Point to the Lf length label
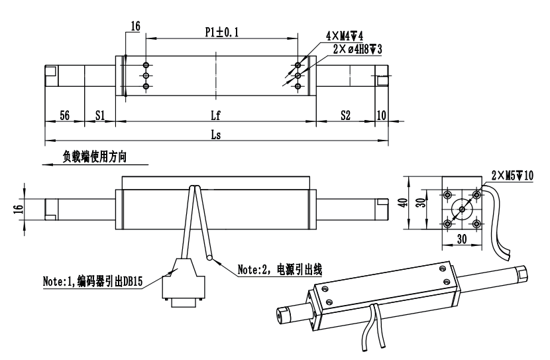[x=215, y=115]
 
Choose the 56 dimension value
[x=64, y=115]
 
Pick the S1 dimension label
[x=100, y=115]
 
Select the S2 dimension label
[x=345, y=115]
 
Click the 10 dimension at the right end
[x=381, y=115]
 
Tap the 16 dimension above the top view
[x=135, y=27]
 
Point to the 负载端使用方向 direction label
[x=93, y=158]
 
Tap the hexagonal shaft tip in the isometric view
[x=522, y=271]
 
